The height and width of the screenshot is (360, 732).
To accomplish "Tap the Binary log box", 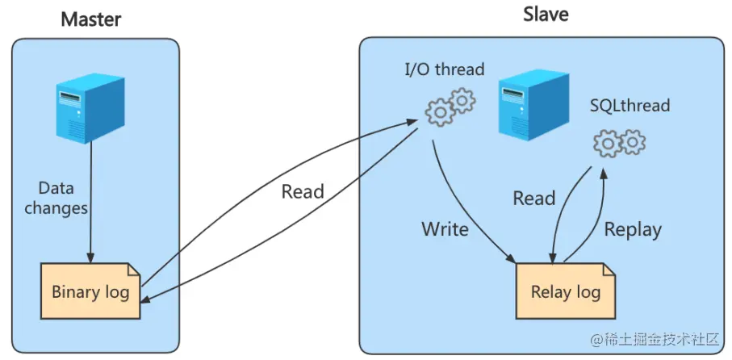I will [90, 291].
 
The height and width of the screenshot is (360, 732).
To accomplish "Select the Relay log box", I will [565, 291].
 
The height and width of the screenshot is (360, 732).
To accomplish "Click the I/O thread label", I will [444, 69].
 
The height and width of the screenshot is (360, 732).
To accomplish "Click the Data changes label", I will [56, 198].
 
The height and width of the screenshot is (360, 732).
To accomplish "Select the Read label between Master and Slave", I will [303, 192].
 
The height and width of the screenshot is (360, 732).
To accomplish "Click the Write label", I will [445, 229].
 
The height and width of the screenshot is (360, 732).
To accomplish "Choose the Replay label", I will [633, 229].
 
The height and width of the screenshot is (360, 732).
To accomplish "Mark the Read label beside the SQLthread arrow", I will [534, 199].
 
